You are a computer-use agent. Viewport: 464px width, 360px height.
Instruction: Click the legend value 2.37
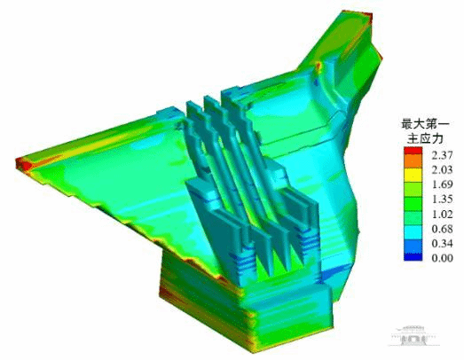click(x=442, y=155)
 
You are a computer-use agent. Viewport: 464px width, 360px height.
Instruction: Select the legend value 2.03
click(x=442, y=169)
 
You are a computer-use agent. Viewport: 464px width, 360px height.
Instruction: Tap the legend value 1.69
click(x=442, y=184)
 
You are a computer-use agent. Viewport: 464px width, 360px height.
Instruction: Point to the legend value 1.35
click(x=442, y=200)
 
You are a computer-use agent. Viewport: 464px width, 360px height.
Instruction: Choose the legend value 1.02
click(x=442, y=214)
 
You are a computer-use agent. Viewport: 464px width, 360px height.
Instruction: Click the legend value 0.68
click(x=442, y=229)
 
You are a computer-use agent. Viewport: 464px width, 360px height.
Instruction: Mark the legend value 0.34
click(x=442, y=244)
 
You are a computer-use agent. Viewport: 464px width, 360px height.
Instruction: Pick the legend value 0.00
click(x=442, y=258)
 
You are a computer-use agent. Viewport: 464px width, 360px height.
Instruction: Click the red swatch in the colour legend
click(x=413, y=151)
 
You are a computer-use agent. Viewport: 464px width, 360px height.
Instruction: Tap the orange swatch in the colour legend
click(x=413, y=160)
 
